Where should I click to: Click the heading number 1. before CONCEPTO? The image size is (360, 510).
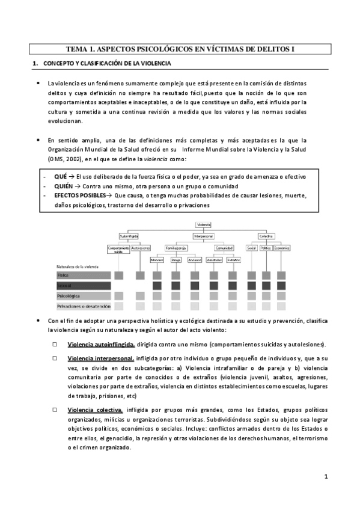tap(35, 63)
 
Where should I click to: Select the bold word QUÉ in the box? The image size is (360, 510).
tap(59, 177)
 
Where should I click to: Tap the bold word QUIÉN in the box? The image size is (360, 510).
tap(64, 186)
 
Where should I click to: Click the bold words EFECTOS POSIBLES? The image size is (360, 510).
tap(79, 196)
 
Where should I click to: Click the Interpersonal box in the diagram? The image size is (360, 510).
tap(204, 235)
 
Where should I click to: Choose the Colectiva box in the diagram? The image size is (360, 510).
tap(267, 235)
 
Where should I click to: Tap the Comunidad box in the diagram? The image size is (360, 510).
tap(224, 247)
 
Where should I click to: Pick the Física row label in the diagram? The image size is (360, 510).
tap(63, 275)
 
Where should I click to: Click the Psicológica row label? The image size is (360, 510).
tap(68, 296)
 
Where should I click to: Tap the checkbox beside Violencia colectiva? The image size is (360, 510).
tap(55, 410)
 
